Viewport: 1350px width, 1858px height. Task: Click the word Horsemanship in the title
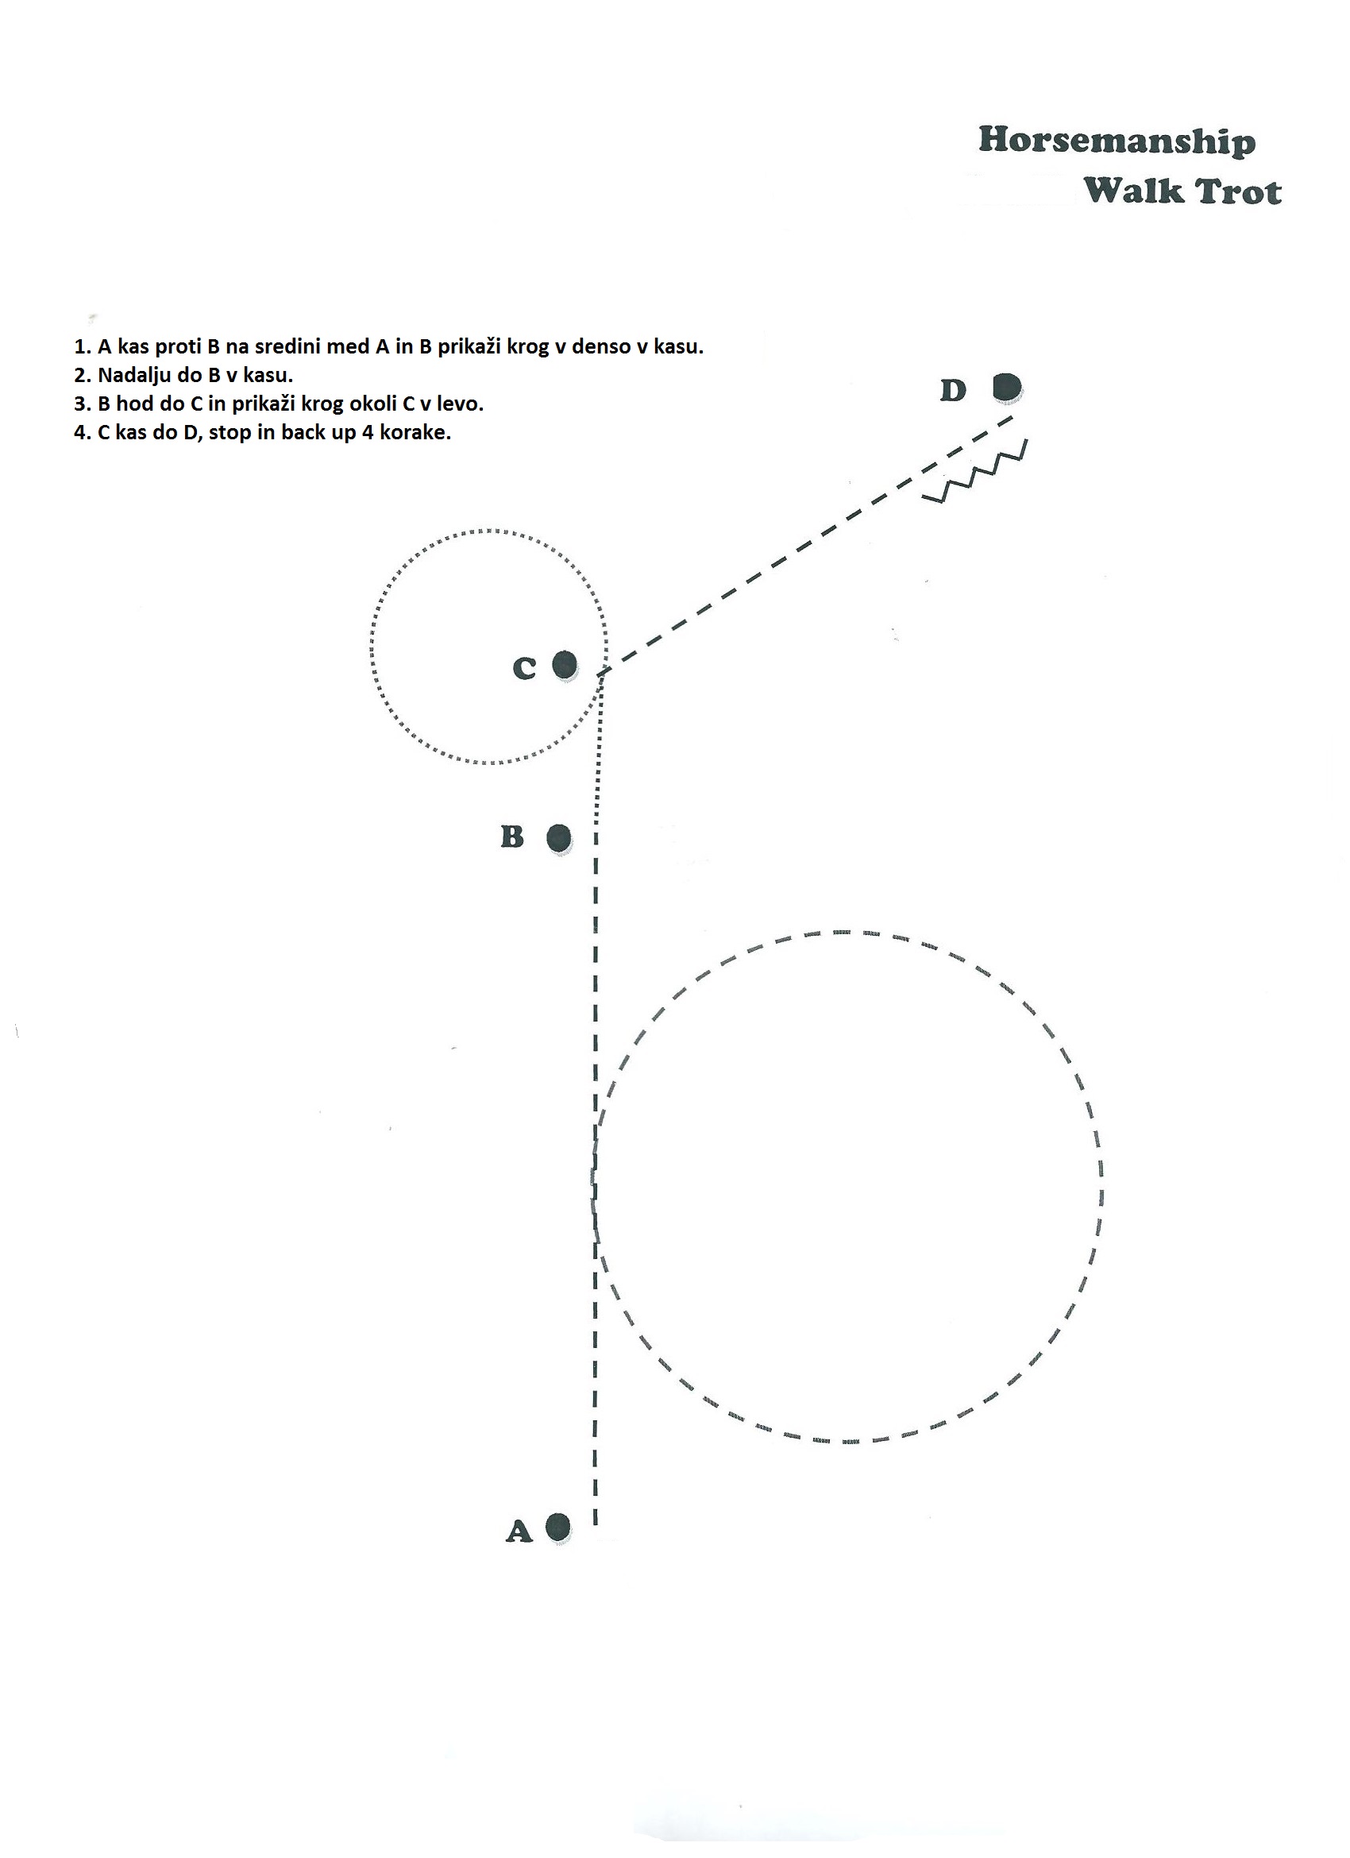tap(1117, 141)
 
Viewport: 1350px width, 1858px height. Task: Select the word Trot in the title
tap(1238, 191)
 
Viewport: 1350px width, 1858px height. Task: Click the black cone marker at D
tap(1007, 388)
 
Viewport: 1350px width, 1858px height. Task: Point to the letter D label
tap(953, 391)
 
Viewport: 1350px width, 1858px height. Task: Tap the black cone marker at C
tap(565, 665)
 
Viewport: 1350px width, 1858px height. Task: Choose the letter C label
tap(524, 669)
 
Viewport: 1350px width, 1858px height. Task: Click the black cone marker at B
tap(559, 839)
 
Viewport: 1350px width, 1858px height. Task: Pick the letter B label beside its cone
tap(512, 836)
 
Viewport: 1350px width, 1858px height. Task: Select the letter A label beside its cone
tap(519, 1547)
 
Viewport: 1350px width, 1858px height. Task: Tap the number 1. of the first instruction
tap(82, 346)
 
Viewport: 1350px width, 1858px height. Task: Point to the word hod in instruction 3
tap(133, 404)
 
